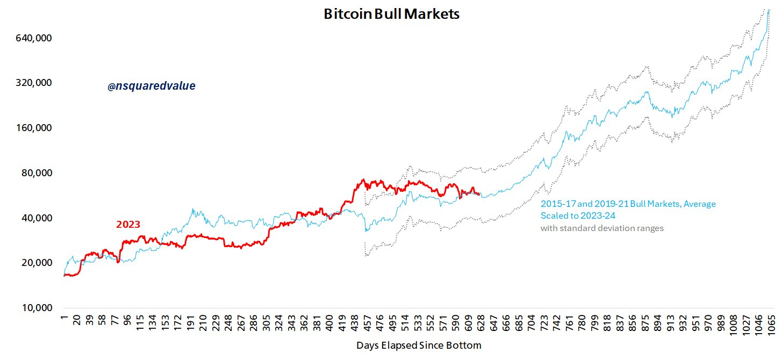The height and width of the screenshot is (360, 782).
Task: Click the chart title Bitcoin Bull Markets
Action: click(x=391, y=14)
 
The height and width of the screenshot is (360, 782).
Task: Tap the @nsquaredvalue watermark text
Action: click(x=151, y=86)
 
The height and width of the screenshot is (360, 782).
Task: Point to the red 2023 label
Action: click(x=128, y=225)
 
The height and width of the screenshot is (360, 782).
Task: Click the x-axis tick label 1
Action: click(x=63, y=317)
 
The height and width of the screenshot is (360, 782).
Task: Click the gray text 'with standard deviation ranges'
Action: click(x=602, y=228)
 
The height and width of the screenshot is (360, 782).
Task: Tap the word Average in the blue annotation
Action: click(x=699, y=204)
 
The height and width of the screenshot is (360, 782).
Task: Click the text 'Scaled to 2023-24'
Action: click(x=577, y=216)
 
